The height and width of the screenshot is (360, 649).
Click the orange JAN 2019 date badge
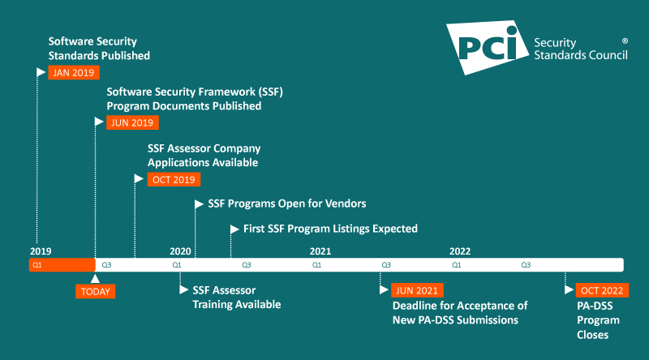click(x=73, y=72)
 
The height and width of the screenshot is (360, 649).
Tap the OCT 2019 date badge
click(x=174, y=179)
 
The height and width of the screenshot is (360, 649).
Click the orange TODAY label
click(x=96, y=292)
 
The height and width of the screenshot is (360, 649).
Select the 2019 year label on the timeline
click(x=41, y=251)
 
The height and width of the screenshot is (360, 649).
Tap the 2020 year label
click(x=180, y=251)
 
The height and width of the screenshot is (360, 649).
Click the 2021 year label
click(x=320, y=251)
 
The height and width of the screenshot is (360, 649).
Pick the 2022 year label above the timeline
click(x=460, y=251)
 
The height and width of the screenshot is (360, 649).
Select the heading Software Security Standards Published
click(x=99, y=49)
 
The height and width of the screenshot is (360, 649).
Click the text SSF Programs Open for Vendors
click(x=287, y=204)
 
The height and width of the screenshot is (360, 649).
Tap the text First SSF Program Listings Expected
click(x=330, y=229)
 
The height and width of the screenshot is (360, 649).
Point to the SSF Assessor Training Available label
click(x=236, y=298)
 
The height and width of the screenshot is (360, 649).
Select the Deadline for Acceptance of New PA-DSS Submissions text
click(x=460, y=313)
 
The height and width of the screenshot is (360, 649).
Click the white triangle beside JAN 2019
click(x=41, y=72)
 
